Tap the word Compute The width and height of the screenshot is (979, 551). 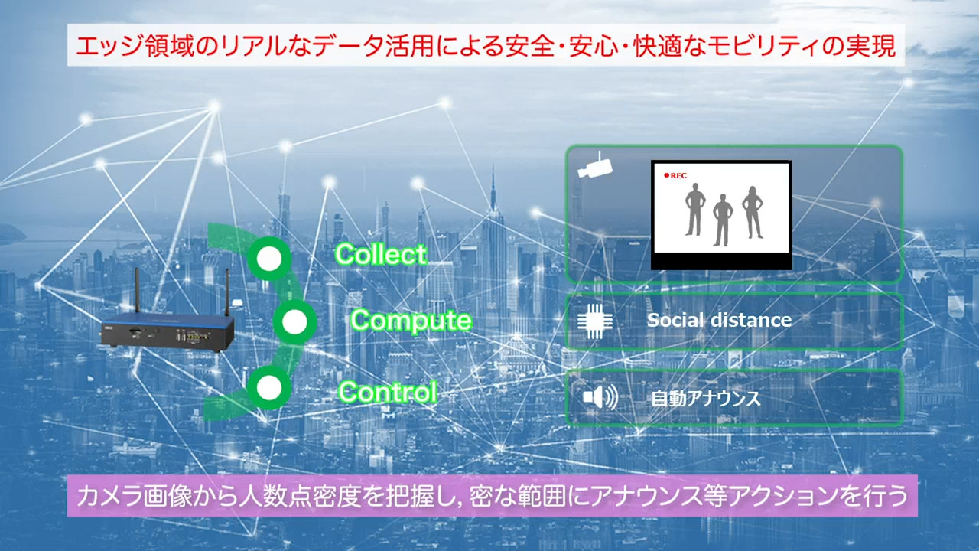click(x=411, y=321)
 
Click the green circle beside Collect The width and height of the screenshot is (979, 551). click(x=269, y=259)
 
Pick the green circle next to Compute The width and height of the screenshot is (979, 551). click(x=294, y=322)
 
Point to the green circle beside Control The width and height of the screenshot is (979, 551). click(x=269, y=387)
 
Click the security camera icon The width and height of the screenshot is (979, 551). click(x=595, y=165)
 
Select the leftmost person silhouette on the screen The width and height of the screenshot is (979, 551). click(x=695, y=209)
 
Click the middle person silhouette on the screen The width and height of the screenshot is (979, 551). click(x=723, y=220)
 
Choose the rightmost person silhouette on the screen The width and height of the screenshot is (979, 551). click(x=752, y=212)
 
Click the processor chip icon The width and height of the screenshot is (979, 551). click(x=595, y=321)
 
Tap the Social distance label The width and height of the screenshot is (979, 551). click(x=719, y=320)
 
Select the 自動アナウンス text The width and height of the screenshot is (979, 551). click(x=706, y=398)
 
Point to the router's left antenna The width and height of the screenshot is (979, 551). click(x=137, y=289)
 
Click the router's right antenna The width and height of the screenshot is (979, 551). click(x=227, y=292)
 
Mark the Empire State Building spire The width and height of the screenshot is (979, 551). click(x=493, y=188)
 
